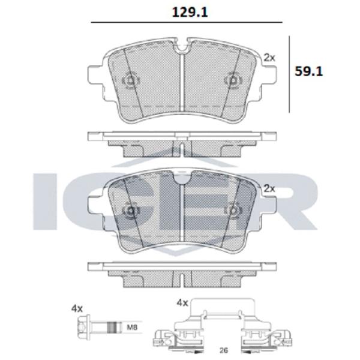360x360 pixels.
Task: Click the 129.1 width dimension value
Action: click(190, 13)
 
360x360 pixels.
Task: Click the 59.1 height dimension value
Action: click(309, 71)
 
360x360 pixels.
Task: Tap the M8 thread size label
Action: click(132, 327)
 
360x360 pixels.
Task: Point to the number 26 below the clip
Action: click(224, 350)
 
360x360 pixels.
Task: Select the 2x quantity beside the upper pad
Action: click(269, 58)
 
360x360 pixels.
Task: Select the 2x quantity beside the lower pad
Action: click(269, 188)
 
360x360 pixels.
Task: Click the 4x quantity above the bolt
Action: click(77, 308)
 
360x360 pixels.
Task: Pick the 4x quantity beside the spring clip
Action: click(182, 303)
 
